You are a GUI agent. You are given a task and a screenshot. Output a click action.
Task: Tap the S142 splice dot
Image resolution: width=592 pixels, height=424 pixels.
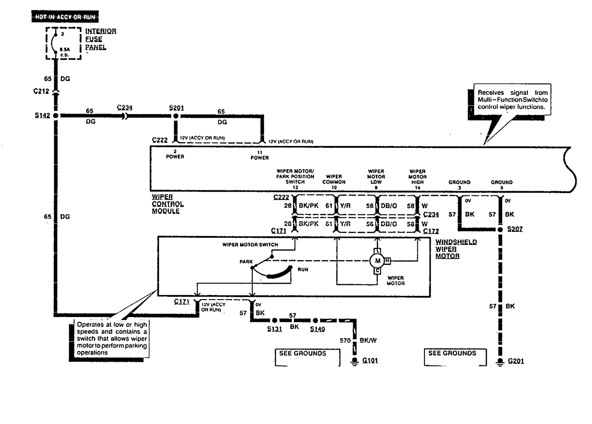point(56,115)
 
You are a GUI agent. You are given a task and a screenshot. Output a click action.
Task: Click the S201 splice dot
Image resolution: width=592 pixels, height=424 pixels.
point(175,115)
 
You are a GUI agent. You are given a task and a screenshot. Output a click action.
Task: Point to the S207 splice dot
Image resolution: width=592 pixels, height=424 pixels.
point(500,230)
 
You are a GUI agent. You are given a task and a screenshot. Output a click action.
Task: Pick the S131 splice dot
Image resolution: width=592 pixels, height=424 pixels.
point(274,320)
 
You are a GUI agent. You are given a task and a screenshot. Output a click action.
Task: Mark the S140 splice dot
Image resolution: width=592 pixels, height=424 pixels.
point(316,320)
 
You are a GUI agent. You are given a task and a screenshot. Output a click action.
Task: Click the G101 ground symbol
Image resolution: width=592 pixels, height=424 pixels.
point(354,361)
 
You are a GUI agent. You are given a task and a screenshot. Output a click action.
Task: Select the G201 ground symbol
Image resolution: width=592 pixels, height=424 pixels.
point(500,361)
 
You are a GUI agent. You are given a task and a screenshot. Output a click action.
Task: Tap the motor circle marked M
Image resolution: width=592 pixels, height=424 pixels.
point(377,260)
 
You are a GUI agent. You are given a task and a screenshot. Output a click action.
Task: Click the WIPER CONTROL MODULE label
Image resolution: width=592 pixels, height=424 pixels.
point(167,204)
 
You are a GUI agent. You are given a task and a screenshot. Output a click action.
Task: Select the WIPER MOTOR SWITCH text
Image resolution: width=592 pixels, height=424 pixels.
point(250,245)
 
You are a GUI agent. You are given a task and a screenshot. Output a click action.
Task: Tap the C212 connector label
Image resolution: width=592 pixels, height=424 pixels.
point(42,93)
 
